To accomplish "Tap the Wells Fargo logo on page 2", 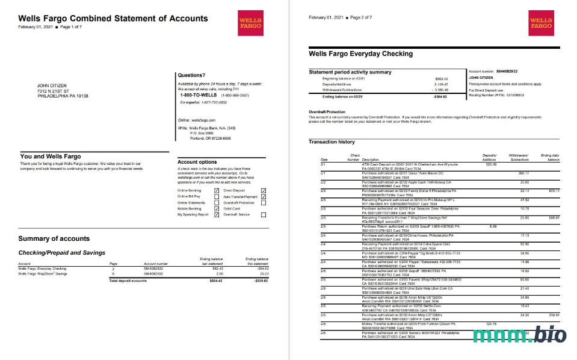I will (x=540, y=23).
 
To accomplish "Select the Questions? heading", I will (x=191, y=75).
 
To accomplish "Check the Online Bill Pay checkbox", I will (x=217, y=196).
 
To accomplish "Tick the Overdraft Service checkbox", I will (x=263, y=214).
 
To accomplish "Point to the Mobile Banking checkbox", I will (x=217, y=208).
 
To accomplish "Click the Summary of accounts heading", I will (x=54, y=238).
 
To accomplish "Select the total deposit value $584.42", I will (x=215, y=281).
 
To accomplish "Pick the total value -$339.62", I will (x=260, y=281).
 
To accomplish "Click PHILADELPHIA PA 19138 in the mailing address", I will (x=63, y=96).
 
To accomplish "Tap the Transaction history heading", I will (x=332, y=142).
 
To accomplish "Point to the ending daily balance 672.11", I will (x=554, y=190).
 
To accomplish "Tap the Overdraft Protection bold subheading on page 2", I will (x=327, y=112).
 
